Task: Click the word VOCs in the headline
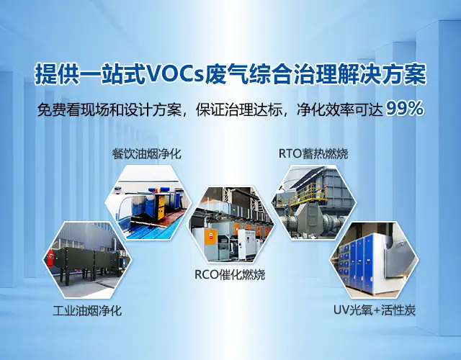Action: coord(175,74)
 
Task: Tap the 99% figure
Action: coord(405,109)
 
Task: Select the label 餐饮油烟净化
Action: coord(146,153)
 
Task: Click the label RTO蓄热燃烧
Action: coord(313,153)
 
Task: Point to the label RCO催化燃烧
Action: coord(230,274)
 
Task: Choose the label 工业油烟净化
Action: coord(87,310)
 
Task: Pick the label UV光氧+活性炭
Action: coord(375,310)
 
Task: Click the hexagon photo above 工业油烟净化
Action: coord(88,259)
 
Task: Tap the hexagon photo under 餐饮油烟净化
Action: coord(148,202)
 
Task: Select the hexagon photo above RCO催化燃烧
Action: coord(231,225)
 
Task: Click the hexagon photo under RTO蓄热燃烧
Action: coord(313,202)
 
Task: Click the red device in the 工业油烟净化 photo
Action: coord(50,257)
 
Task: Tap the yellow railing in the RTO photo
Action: coord(308,193)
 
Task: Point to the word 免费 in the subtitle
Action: coord(52,109)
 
